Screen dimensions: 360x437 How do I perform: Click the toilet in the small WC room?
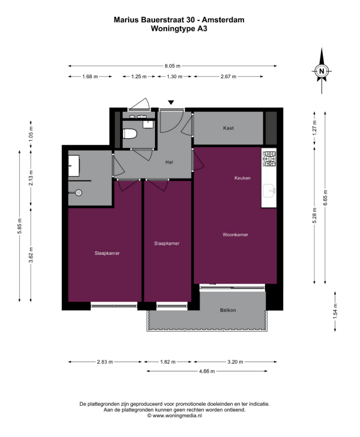130,134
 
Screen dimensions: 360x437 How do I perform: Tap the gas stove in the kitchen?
269,159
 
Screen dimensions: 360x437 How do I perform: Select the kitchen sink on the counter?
269,191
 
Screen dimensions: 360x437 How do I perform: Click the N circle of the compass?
322,71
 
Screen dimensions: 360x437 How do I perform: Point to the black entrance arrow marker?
171,102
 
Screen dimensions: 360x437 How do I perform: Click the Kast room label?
228,128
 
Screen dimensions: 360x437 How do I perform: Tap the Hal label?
169,162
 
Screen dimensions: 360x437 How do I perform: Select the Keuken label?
242,178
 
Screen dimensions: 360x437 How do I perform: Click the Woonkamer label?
235,234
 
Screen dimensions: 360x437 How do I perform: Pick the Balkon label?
228,310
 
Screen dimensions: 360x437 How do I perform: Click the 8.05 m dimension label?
172,66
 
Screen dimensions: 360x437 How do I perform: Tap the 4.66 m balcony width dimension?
207,371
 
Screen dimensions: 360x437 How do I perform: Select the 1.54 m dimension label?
335,311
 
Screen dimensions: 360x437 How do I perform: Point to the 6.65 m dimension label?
325,198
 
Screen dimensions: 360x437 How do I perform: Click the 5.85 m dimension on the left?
19,226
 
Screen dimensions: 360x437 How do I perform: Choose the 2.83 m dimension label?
105,362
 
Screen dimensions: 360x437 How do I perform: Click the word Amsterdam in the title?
223,20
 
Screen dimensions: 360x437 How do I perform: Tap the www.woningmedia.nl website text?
177,415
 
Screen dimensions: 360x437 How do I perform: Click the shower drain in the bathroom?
79,192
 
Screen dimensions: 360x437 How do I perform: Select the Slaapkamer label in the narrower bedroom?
166,243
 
